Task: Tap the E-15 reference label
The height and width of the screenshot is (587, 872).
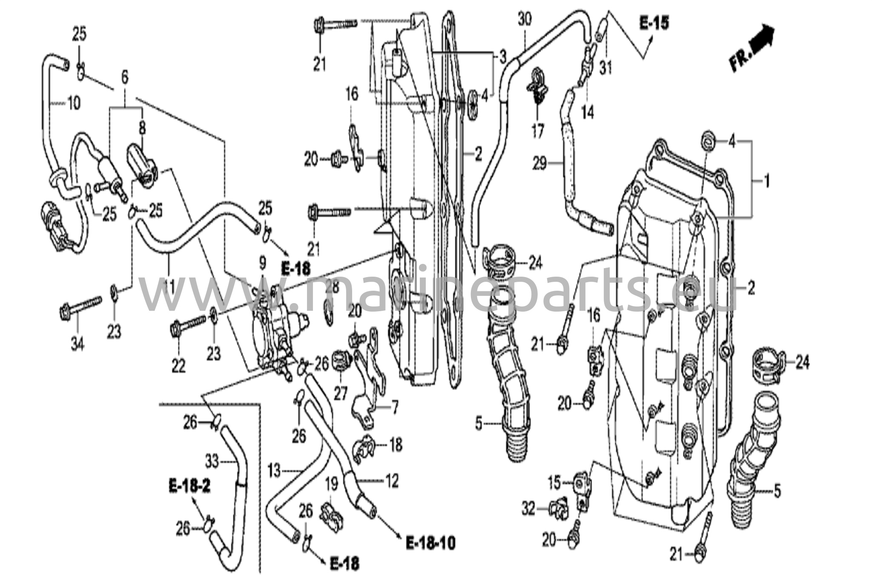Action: (x=654, y=23)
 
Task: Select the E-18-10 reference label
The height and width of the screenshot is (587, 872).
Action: (x=430, y=543)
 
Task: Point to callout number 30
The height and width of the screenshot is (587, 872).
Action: (x=525, y=20)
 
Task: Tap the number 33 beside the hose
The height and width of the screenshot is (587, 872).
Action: (x=212, y=461)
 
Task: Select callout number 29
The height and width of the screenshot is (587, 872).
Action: (x=539, y=163)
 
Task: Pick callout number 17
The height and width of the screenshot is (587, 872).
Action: (x=538, y=131)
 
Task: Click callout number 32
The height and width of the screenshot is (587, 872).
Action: (x=528, y=509)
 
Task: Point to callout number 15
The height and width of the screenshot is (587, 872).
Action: (x=554, y=483)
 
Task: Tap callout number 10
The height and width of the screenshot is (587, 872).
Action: (x=74, y=103)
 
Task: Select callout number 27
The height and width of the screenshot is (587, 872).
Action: (x=341, y=393)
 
